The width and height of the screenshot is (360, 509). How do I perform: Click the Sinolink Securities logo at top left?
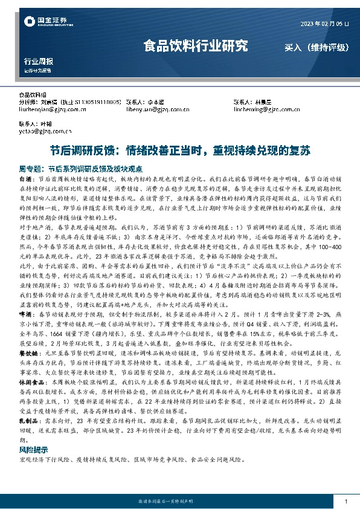click(43, 23)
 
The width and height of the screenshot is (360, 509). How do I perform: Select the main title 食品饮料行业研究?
click(195, 45)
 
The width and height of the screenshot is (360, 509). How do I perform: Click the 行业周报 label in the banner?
click(38, 62)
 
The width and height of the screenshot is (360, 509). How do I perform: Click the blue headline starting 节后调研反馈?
click(180, 151)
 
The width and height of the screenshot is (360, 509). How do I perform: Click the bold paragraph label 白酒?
click(27, 180)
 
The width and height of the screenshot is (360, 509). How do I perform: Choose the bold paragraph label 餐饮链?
click(29, 369)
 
